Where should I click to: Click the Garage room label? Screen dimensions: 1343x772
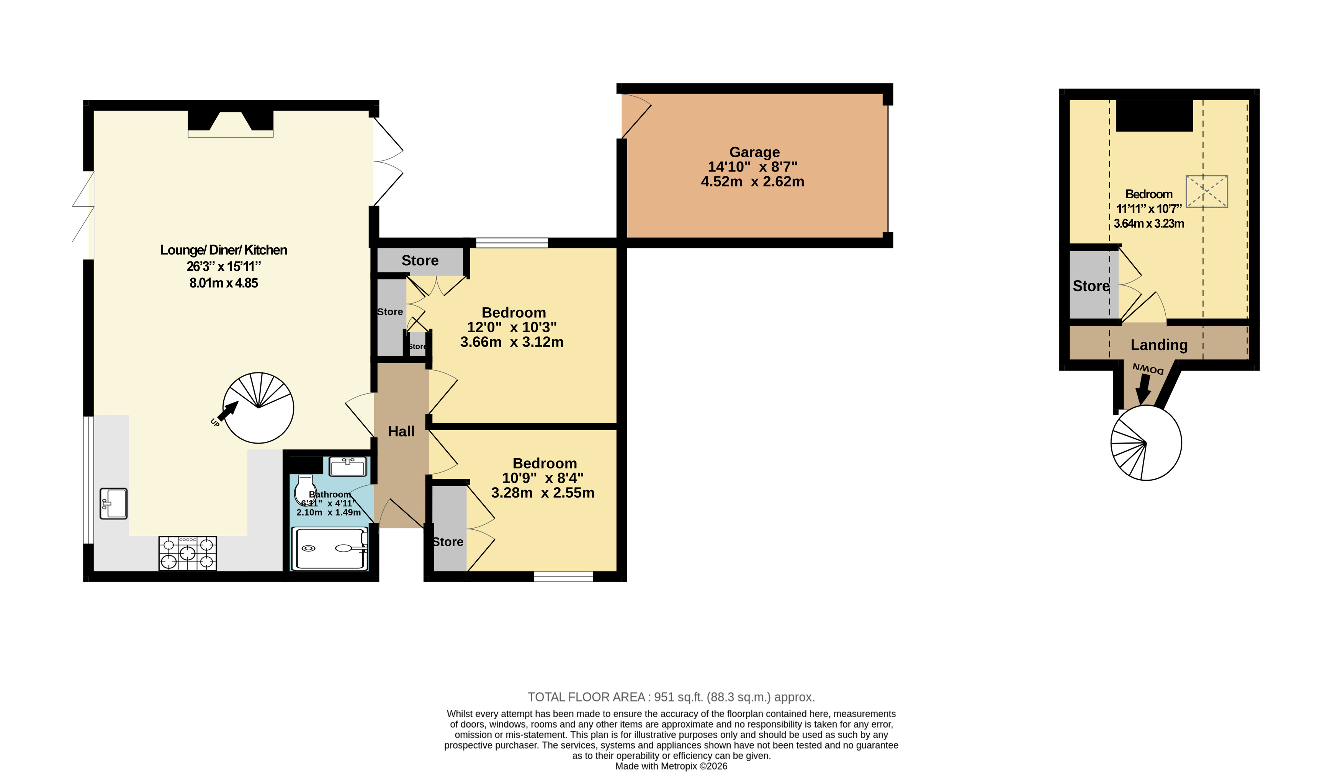[754, 152]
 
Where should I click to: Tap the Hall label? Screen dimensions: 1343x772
[401, 432]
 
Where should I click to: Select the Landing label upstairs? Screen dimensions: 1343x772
[1159, 345]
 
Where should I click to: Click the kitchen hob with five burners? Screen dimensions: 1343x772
[188, 553]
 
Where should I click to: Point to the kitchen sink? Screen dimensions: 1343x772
[113, 503]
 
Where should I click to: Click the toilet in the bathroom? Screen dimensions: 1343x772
[306, 489]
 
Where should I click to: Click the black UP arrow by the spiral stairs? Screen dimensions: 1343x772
[228, 411]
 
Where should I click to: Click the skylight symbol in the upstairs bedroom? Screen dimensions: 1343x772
[1207, 191]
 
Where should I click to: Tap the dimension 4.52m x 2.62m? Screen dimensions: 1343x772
[752, 182]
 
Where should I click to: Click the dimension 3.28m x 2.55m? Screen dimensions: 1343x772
[543, 493]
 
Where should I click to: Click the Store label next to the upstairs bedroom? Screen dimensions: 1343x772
[1091, 286]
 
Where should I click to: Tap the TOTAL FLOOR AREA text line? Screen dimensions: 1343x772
[671, 697]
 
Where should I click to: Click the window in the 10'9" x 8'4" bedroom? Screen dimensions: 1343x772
[563, 576]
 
